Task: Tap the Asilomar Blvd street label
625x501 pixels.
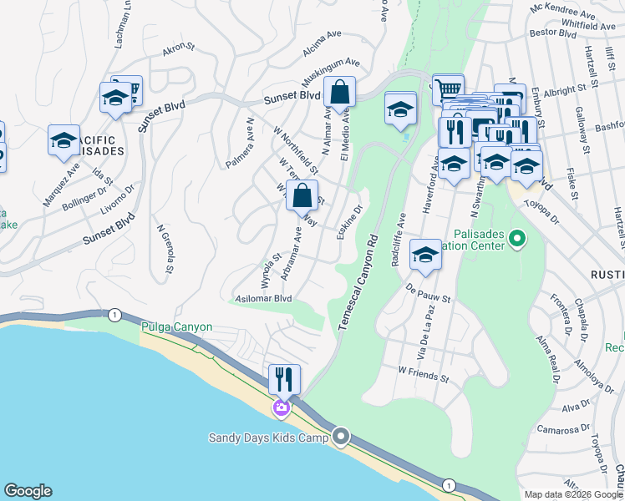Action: [x=263, y=298]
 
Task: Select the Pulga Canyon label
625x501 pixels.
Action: [x=176, y=327]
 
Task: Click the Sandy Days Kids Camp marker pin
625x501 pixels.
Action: [x=341, y=437]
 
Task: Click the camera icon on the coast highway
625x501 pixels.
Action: [x=282, y=408]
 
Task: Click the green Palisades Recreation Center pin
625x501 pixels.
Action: [x=517, y=240]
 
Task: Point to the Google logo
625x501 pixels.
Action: [x=28, y=491]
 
